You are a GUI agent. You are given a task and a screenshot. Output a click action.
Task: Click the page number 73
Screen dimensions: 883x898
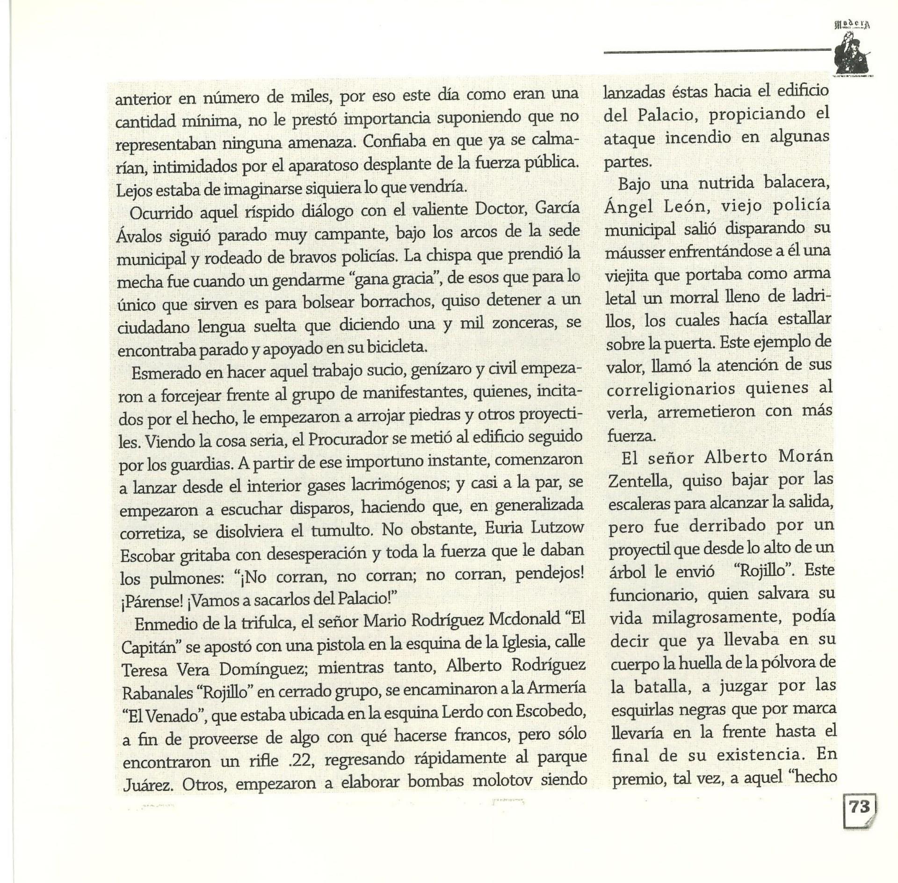click(x=859, y=819)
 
